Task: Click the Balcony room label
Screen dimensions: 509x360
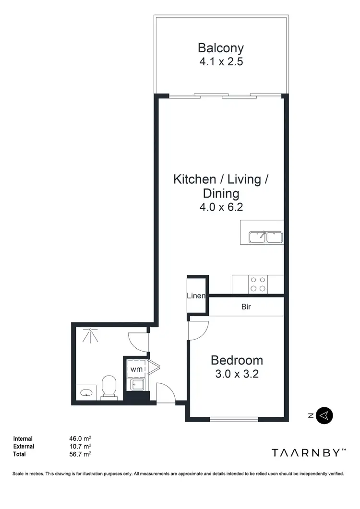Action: pyautogui.click(x=221, y=48)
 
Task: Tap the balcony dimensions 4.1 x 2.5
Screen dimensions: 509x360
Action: pyautogui.click(x=221, y=62)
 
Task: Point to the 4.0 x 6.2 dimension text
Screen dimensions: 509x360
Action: pyautogui.click(x=221, y=208)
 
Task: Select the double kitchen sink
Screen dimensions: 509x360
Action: pyautogui.click(x=265, y=237)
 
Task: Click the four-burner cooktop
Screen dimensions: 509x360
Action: pyautogui.click(x=258, y=284)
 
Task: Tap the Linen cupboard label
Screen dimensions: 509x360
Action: pyautogui.click(x=196, y=296)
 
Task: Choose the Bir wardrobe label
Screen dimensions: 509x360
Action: pyautogui.click(x=246, y=307)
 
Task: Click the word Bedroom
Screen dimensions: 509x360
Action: pyautogui.click(x=237, y=360)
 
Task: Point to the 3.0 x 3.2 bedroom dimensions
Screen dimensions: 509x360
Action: pyautogui.click(x=237, y=374)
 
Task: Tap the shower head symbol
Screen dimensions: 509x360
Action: pyautogui.click(x=90, y=335)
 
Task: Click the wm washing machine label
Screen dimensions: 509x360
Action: pyautogui.click(x=136, y=369)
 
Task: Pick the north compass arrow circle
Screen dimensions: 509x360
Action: pyautogui.click(x=325, y=415)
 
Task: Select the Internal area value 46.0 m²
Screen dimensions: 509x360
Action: pyautogui.click(x=80, y=438)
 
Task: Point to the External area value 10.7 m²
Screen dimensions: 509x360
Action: pyautogui.click(x=80, y=446)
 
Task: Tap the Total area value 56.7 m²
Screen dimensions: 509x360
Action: pyautogui.click(x=80, y=454)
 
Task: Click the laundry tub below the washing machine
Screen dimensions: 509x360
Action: pyautogui.click(x=136, y=385)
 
